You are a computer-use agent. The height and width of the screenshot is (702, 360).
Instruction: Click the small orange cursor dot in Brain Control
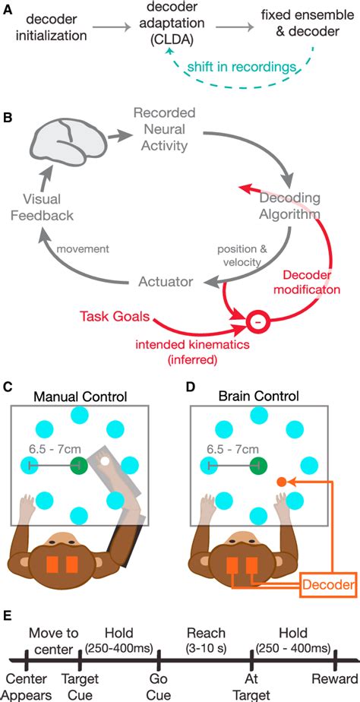pos(280,482)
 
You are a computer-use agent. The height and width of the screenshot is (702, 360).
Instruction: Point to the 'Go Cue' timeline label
pos(158,685)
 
